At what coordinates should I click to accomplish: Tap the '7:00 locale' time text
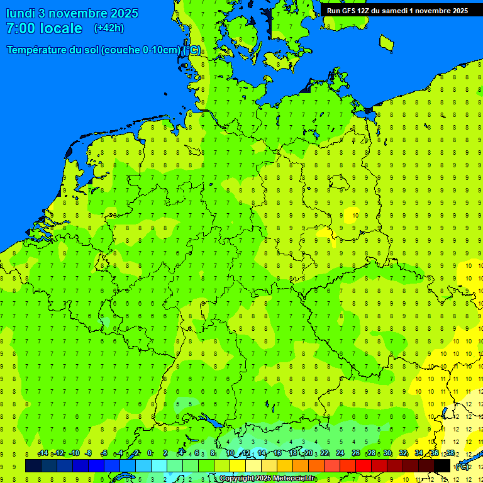click(44, 28)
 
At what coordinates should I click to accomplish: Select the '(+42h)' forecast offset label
click(109, 28)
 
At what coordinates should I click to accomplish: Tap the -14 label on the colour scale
click(43, 453)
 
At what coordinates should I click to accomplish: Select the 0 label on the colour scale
click(150, 453)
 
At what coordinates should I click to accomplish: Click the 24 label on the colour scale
click(340, 453)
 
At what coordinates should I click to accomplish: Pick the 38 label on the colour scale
click(450, 453)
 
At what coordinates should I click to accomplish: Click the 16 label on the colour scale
click(277, 453)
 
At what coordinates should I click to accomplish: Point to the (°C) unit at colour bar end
click(462, 466)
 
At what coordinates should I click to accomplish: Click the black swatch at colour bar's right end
click(442, 466)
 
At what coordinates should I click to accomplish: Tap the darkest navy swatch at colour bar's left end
click(33, 466)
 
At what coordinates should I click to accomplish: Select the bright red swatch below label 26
click(364, 466)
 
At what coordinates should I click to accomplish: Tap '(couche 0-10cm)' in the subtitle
click(142, 50)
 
